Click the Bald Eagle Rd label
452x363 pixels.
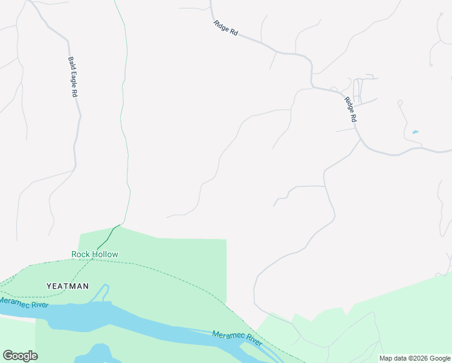(73, 77)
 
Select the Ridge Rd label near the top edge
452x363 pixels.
(225, 28)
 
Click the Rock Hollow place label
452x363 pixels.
(95, 255)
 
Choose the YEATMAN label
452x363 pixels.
(68, 286)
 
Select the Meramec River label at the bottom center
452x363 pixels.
(237, 339)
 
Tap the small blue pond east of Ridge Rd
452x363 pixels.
(415, 132)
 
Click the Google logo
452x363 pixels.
(20, 356)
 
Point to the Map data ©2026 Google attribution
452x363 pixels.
(415, 358)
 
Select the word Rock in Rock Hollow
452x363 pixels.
(80, 255)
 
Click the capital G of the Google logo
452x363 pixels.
(8, 356)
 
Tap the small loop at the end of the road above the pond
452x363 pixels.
(399, 103)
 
